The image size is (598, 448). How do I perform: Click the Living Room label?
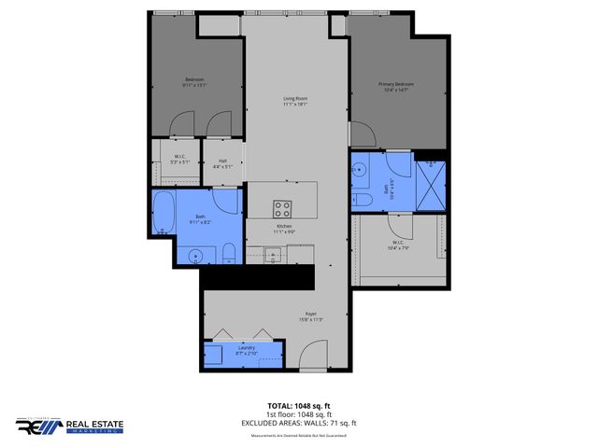click(x=296, y=100)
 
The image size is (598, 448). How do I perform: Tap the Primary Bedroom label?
click(x=395, y=86)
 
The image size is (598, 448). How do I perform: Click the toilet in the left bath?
click(x=227, y=253)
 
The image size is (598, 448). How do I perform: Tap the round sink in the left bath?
click(x=196, y=255)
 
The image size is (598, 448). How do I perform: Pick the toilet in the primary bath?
click(x=359, y=199)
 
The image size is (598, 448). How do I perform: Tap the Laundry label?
click(x=246, y=350)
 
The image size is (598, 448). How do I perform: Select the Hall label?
click(x=223, y=163)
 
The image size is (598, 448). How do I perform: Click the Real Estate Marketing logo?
click(x=70, y=427)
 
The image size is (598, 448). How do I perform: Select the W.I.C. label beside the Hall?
click(x=180, y=159)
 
